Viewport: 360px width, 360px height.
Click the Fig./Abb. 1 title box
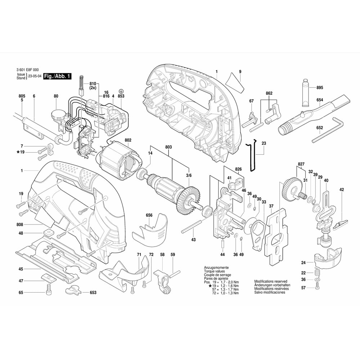57,76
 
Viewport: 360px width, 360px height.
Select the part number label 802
128,140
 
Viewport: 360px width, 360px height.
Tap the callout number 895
320,87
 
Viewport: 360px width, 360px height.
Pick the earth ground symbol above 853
121,91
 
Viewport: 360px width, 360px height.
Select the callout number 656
149,215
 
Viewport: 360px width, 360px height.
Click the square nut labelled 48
49,233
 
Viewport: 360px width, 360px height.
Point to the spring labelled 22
317,273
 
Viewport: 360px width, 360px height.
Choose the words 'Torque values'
215,271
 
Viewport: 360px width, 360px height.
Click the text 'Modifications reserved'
271,281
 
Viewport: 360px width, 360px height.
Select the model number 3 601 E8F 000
28,70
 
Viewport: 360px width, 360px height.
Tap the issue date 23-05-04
35,76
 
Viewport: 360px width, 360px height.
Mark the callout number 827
301,164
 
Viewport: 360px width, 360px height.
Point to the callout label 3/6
189,175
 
